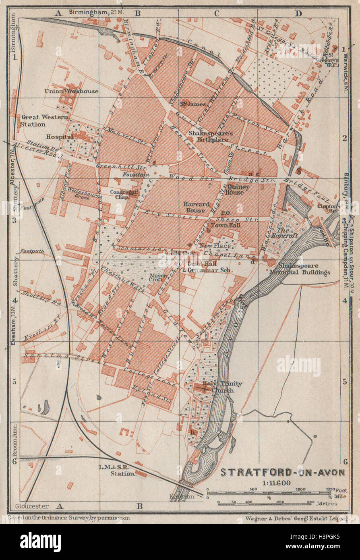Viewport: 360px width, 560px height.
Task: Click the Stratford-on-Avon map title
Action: pos(282,472)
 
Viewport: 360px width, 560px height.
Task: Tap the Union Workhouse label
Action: pos(71,91)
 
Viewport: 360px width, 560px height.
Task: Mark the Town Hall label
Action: pos(226,225)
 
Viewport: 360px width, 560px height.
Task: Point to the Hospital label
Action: pos(59,137)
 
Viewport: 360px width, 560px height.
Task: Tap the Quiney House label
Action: pos(238,189)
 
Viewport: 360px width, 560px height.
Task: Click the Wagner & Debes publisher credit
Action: pos(296,518)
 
